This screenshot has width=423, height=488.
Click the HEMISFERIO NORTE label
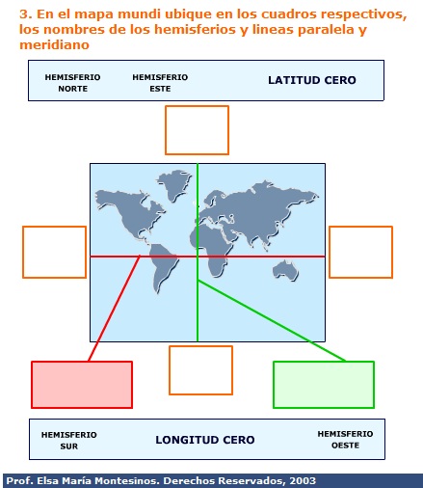[x=72, y=83]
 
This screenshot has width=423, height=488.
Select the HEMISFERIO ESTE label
[x=160, y=83]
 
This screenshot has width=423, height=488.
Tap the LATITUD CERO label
[x=312, y=80]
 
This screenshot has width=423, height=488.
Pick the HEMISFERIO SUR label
[x=69, y=441]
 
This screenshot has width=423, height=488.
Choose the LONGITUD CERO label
[x=205, y=440]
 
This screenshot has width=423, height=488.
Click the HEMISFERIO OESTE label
[x=345, y=440]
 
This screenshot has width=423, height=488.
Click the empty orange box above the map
[x=197, y=106]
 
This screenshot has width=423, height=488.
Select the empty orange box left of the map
[x=23, y=252]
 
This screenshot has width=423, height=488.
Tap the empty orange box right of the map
[x=330, y=252]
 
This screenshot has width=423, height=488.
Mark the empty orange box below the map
[x=200, y=346]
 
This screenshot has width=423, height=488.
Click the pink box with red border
[x=82, y=385]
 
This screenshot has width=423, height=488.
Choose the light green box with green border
[x=324, y=385]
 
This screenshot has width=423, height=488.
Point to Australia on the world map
[x=285, y=271]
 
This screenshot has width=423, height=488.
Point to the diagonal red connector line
[x=114, y=309]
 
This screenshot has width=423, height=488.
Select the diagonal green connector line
[x=272, y=320]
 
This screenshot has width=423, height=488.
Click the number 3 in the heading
[x=23, y=14]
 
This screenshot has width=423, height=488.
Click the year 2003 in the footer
[x=303, y=481]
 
